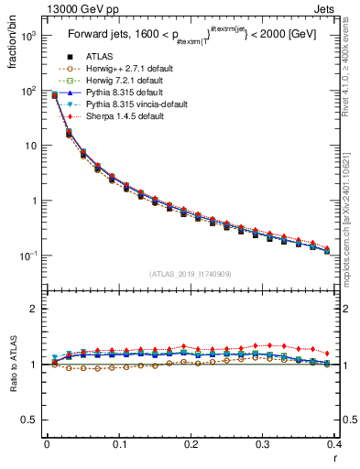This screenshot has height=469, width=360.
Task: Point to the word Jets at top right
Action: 340,8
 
